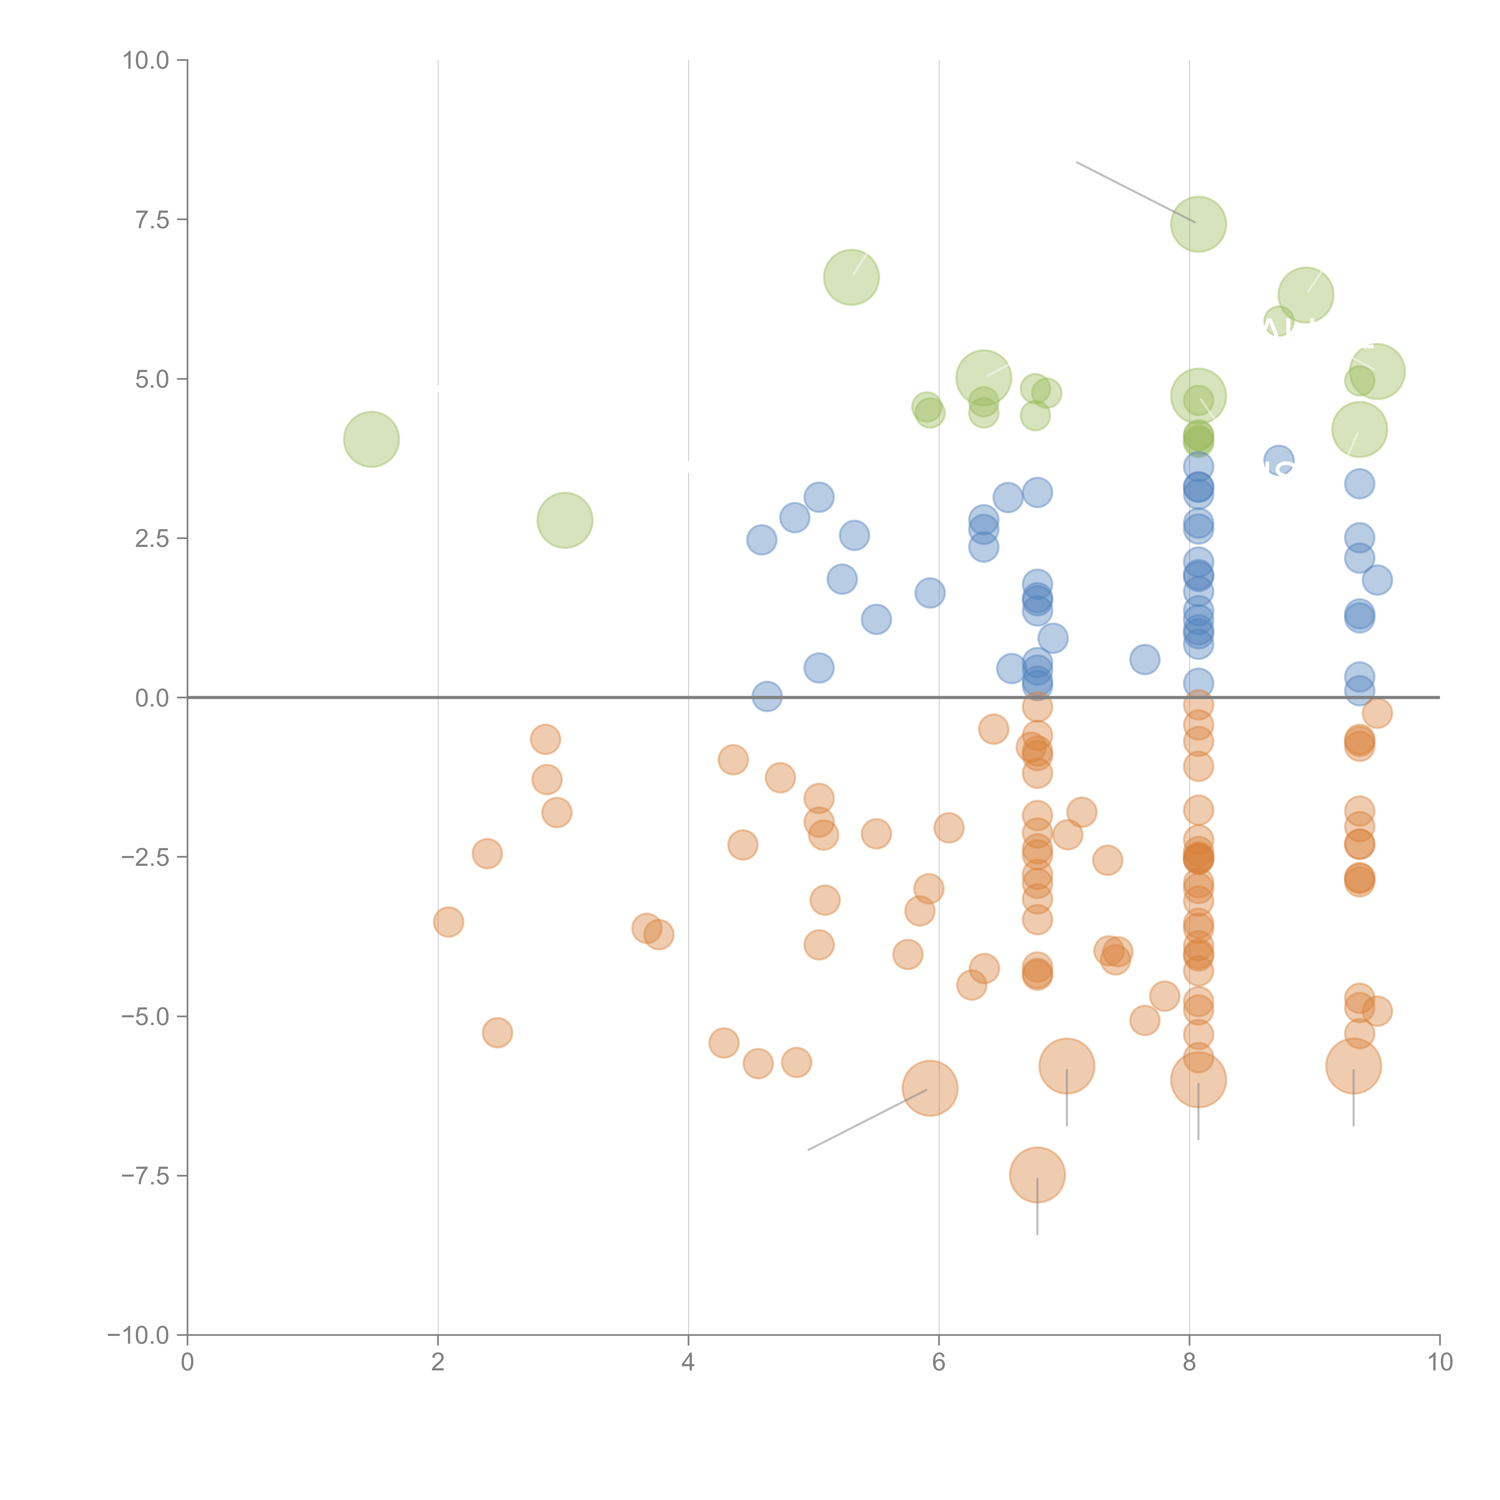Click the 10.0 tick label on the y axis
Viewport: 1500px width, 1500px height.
(x=146, y=61)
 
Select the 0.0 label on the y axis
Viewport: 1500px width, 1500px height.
(x=152, y=698)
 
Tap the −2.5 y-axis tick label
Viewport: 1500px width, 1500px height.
(x=146, y=857)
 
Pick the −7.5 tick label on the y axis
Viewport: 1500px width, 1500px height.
(x=146, y=1175)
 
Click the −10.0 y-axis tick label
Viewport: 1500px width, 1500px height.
(x=140, y=1335)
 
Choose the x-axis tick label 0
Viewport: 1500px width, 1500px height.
(x=187, y=1363)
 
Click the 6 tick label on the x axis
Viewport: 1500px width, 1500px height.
(x=939, y=1363)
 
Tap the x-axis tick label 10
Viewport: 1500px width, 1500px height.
(x=1439, y=1363)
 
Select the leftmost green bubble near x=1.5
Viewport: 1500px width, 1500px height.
(x=371, y=439)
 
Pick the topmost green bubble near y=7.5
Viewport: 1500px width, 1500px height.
(x=1198, y=224)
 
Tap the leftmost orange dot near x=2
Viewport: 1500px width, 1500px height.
(x=448, y=922)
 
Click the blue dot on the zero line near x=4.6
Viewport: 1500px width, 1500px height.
(x=767, y=696)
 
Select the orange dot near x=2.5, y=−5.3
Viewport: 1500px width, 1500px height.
(x=497, y=1033)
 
